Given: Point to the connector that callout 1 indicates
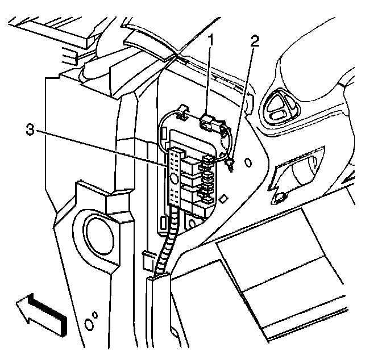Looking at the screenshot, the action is click(210, 121).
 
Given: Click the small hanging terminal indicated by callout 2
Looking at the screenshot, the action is click(230, 165).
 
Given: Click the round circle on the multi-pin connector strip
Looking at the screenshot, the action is click(174, 178).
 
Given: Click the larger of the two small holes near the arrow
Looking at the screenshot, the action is click(88, 324).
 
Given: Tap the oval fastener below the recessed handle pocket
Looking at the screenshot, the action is click(280, 198).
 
